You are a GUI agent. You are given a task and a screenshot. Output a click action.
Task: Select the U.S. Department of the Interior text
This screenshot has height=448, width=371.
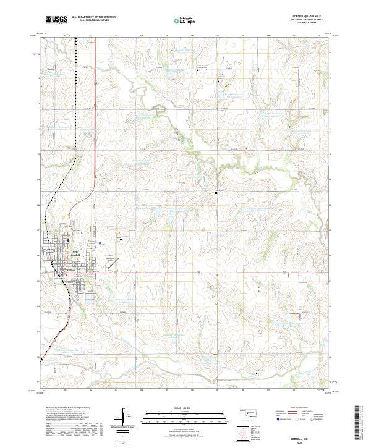click(x=93, y=17)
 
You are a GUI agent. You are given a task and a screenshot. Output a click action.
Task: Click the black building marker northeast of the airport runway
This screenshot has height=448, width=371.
click(x=216, y=194)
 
